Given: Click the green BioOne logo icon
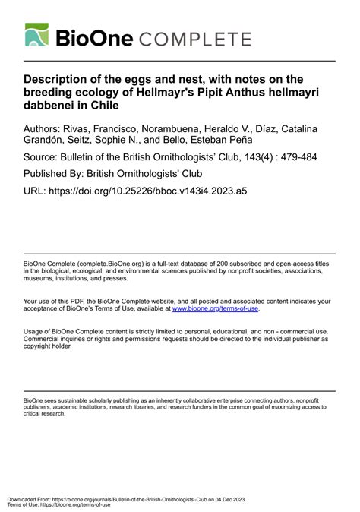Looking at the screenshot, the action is coord(37,36).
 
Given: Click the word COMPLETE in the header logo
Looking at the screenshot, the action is coord(197,39).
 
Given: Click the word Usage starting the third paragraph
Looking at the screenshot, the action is coord(34,332).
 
